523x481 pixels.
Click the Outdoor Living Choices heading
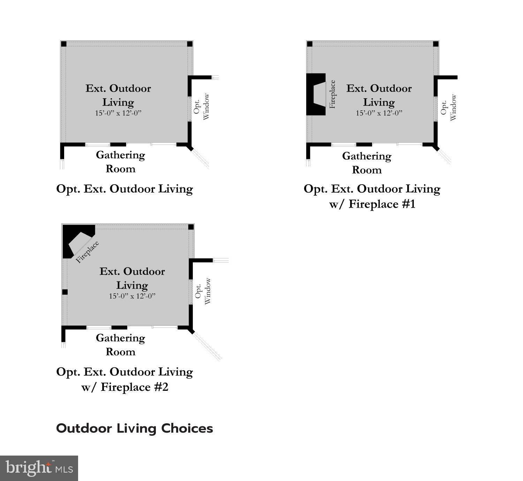pos(135,428)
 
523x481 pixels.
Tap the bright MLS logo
pos(39,468)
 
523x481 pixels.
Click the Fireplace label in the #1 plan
pos(332,94)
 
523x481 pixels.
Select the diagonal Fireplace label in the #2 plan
pos(88,251)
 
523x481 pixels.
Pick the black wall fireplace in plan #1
pos(315,94)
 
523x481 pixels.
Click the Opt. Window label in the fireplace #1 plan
pos(448,107)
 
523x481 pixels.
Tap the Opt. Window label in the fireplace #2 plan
pos(203,291)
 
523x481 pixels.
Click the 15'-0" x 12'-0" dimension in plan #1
pos(379,113)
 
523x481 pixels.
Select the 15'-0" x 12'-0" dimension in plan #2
pos(132,296)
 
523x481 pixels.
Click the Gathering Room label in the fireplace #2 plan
pos(120,344)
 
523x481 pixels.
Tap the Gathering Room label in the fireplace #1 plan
pos(367,163)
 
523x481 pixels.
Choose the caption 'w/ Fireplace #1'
pos(372,204)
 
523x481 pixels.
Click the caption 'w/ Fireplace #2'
pos(125,387)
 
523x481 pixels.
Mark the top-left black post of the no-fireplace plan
pos(64,44)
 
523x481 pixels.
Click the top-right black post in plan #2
pos(191,227)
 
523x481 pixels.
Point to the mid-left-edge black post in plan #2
pos(65,292)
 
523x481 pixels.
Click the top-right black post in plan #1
pos(436,44)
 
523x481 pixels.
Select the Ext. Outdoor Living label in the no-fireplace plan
pos(118,95)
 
